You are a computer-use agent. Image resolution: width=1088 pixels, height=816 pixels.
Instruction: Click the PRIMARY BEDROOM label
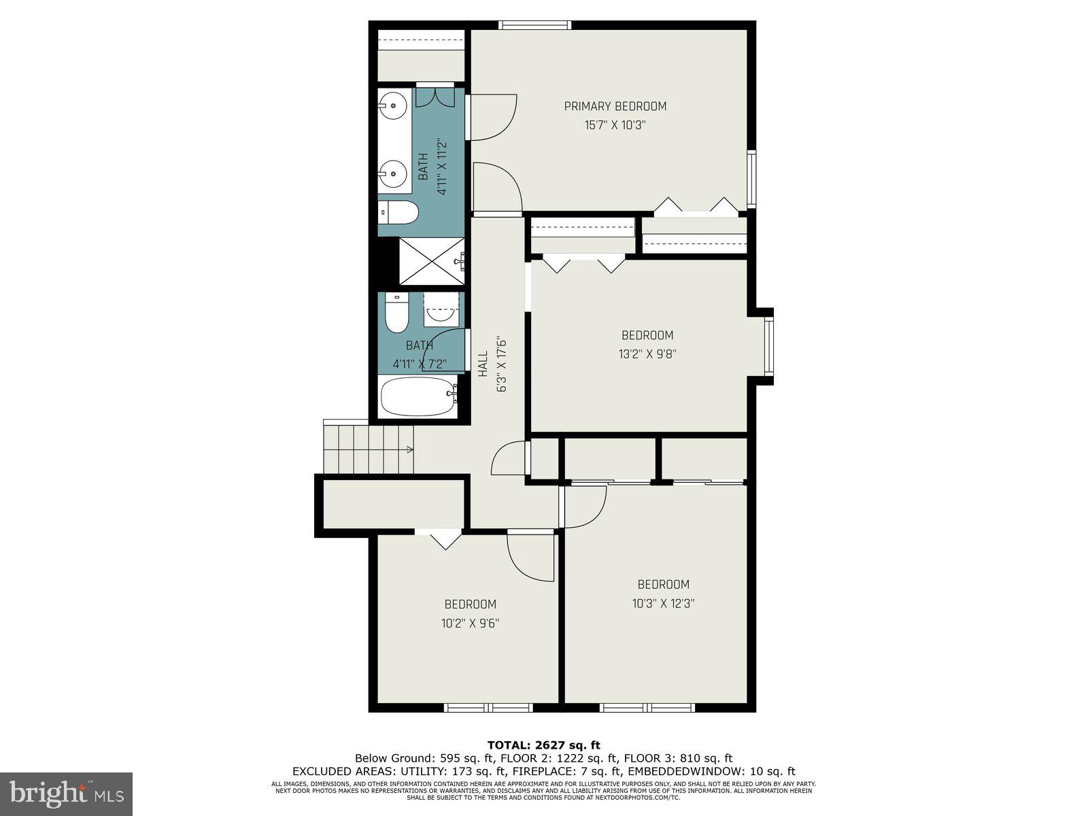(615, 106)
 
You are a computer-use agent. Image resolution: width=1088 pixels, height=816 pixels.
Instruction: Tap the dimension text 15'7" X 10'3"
(614, 125)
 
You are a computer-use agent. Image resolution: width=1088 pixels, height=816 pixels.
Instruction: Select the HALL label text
(483, 364)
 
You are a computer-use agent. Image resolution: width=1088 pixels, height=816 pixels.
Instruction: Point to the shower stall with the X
(432, 262)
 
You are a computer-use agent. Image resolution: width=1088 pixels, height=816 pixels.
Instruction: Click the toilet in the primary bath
(398, 213)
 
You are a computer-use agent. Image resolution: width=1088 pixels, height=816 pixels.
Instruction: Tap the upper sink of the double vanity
(393, 105)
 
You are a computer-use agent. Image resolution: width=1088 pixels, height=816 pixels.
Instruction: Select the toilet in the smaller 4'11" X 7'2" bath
(396, 313)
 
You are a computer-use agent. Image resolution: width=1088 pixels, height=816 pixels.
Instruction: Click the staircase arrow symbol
(409, 449)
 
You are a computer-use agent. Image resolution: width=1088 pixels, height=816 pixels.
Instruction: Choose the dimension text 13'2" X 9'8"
(647, 354)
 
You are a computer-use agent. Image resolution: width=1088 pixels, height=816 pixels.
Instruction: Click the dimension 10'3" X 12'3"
(663, 603)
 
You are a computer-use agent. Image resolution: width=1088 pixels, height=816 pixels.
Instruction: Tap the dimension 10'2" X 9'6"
(470, 623)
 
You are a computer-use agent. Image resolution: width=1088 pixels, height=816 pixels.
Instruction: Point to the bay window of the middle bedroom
(768, 347)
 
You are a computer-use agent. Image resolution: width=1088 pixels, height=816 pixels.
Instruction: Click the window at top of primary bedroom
(534, 25)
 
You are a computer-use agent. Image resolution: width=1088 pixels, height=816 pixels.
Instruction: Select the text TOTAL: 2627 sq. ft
(543, 745)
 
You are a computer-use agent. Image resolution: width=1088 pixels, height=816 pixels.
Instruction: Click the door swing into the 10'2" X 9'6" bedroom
(532, 558)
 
